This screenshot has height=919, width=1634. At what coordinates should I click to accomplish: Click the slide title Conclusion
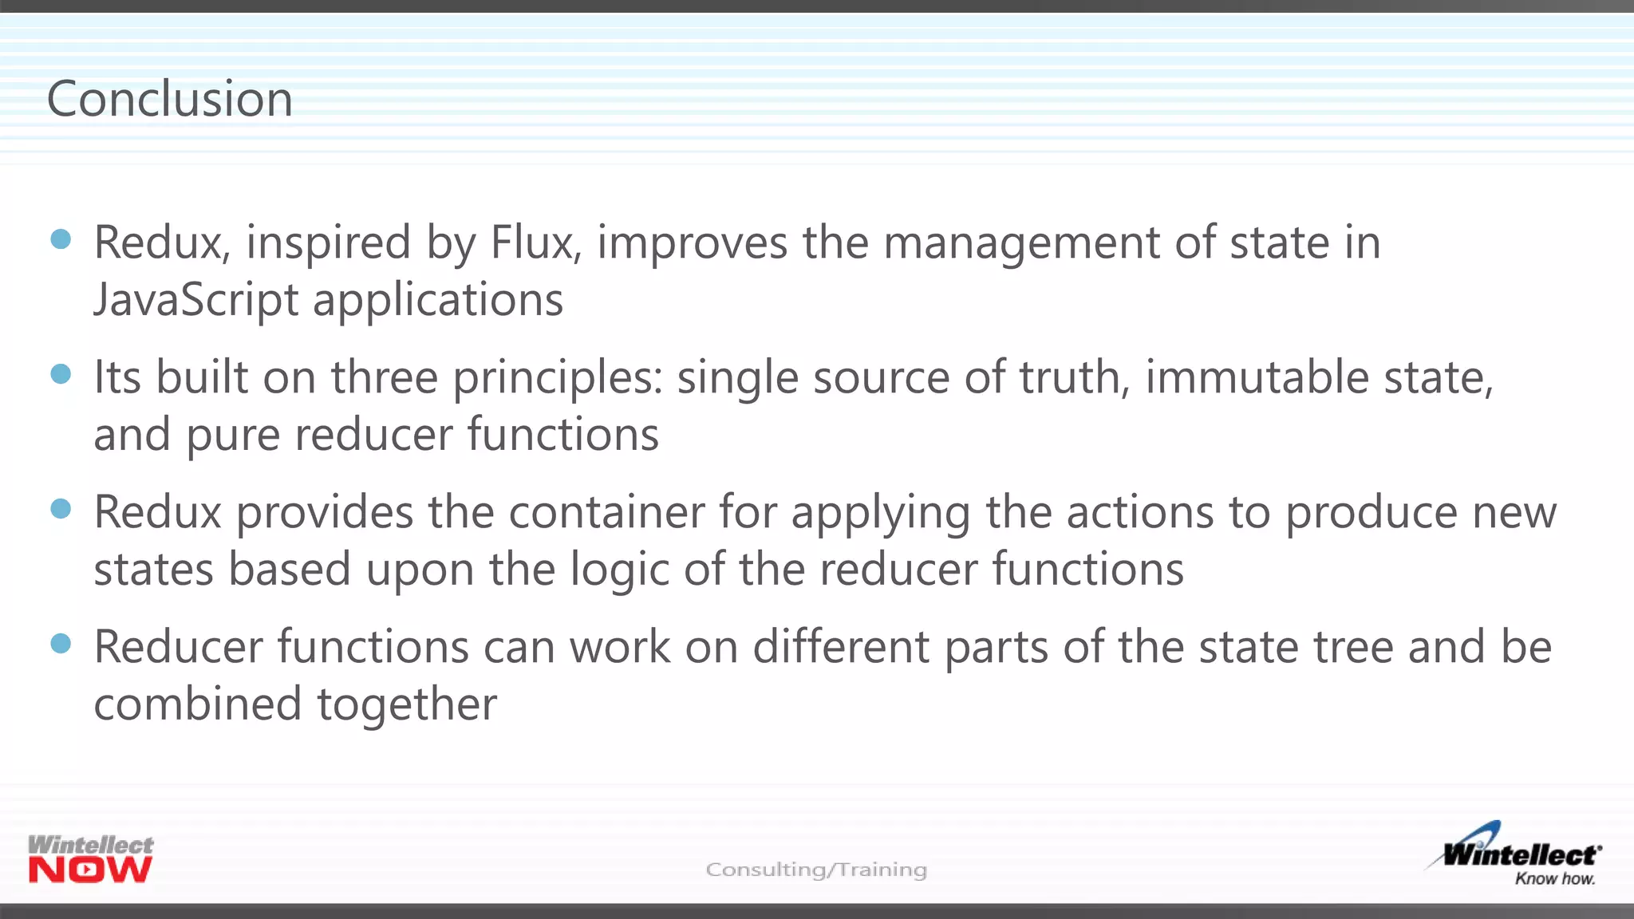[170, 99]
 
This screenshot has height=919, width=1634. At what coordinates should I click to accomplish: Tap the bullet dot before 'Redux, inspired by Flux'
[61, 239]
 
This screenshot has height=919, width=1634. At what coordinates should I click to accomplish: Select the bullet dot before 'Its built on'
[61, 374]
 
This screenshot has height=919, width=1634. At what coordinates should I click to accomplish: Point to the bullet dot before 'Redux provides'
[61, 509]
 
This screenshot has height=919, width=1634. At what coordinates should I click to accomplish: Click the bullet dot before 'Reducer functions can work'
[61, 644]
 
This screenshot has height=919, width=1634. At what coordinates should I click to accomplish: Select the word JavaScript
[196, 301]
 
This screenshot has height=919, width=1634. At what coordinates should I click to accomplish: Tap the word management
[1021, 244]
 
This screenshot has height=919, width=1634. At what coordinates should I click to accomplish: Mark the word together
[407, 704]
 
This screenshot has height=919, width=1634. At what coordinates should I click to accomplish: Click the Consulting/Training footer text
[816, 870]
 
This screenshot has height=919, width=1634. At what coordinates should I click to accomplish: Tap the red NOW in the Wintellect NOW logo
[90, 870]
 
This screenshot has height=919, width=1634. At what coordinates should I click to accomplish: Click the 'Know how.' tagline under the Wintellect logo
[1555, 879]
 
